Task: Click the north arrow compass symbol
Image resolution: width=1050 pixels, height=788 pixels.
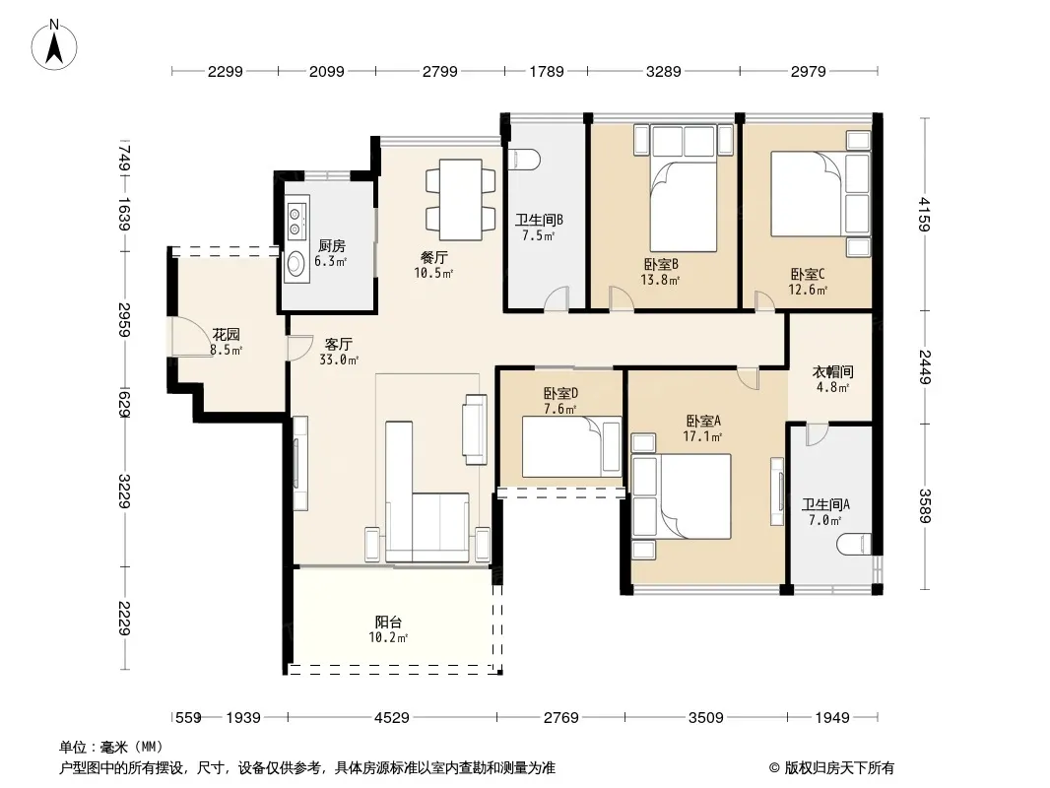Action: [x=54, y=45]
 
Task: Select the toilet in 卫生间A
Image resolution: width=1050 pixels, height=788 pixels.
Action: [x=854, y=544]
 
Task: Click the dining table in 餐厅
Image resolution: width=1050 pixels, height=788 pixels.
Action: [x=461, y=200]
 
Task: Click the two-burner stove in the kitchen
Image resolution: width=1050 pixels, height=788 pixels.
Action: [x=295, y=221]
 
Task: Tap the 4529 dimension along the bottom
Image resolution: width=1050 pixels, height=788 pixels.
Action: [x=392, y=718]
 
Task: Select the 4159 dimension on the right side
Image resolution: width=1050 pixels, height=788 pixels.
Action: [x=925, y=214]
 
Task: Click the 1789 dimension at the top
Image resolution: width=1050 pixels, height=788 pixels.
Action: [x=547, y=71]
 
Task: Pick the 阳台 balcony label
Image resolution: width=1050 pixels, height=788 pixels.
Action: [x=388, y=622]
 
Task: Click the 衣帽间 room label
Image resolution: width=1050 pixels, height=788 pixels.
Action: [x=832, y=371]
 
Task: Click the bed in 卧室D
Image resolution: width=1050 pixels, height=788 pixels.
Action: [x=571, y=446]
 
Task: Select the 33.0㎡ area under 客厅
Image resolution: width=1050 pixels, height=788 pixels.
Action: [x=339, y=361]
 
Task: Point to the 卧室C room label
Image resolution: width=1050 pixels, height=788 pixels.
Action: [x=808, y=274]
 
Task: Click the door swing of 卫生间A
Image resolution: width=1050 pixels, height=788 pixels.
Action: [x=817, y=435]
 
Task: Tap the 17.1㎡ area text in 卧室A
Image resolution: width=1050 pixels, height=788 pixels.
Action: [x=702, y=437]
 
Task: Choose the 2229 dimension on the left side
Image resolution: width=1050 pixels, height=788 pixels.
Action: [x=124, y=618]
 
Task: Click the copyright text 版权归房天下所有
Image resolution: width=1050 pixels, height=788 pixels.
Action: [x=838, y=768]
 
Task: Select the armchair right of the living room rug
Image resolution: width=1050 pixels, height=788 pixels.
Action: [x=474, y=429]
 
